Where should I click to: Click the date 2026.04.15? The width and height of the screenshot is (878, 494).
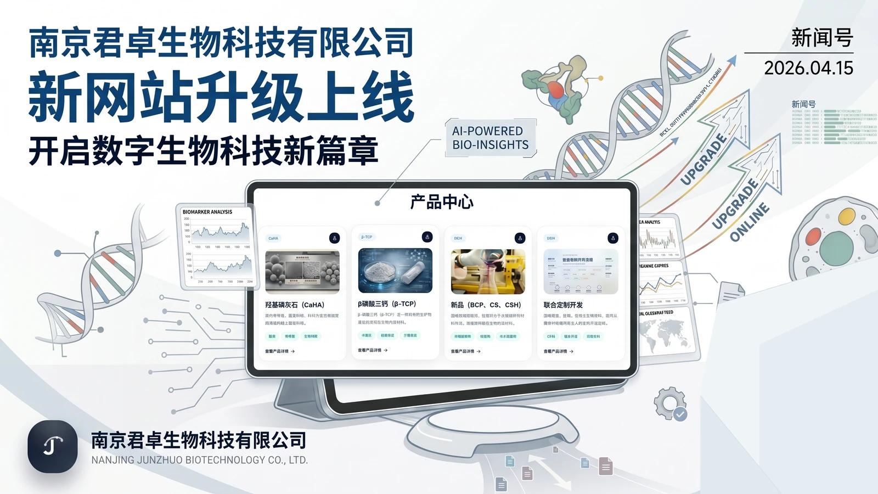click(808, 68)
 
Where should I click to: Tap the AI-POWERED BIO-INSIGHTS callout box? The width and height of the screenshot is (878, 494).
click(490, 138)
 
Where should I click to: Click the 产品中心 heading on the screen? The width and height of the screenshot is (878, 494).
click(442, 202)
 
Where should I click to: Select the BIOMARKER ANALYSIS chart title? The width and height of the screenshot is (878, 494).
click(207, 212)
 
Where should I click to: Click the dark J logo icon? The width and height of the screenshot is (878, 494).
click(53, 446)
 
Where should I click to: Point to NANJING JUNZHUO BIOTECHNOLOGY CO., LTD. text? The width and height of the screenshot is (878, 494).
click(199, 460)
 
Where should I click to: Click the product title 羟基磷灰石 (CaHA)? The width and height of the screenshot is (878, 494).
click(295, 305)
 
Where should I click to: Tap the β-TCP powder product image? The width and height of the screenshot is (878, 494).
click(395, 270)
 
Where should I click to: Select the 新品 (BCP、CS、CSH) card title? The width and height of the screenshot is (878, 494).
click(486, 305)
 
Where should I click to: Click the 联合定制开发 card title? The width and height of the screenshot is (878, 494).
click(563, 305)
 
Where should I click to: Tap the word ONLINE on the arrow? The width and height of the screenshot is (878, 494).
click(750, 222)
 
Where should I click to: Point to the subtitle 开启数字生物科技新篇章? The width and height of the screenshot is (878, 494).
click(204, 151)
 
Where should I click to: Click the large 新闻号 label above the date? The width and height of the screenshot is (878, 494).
click(821, 38)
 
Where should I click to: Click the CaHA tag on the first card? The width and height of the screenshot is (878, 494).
click(273, 238)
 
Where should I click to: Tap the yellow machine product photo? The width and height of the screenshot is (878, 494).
click(488, 271)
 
